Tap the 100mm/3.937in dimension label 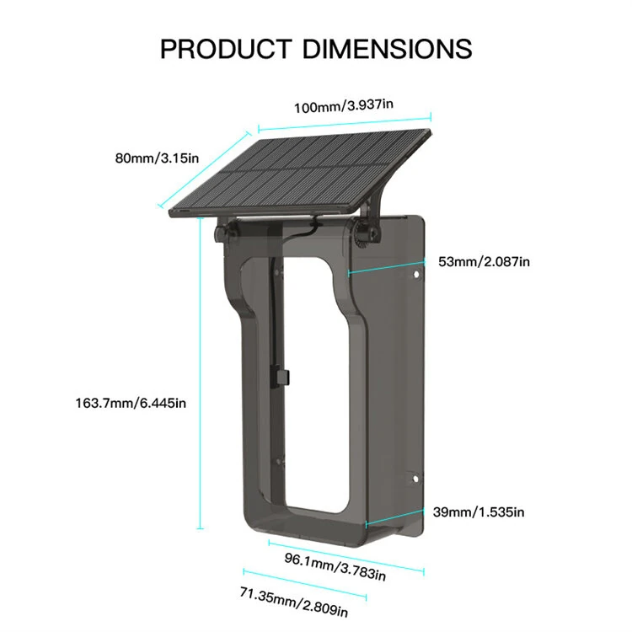(x=343, y=107)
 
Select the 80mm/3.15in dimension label (x=158, y=157)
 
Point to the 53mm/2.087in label (x=484, y=261)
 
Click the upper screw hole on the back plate (x=416, y=275)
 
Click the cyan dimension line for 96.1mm (x=345, y=551)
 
